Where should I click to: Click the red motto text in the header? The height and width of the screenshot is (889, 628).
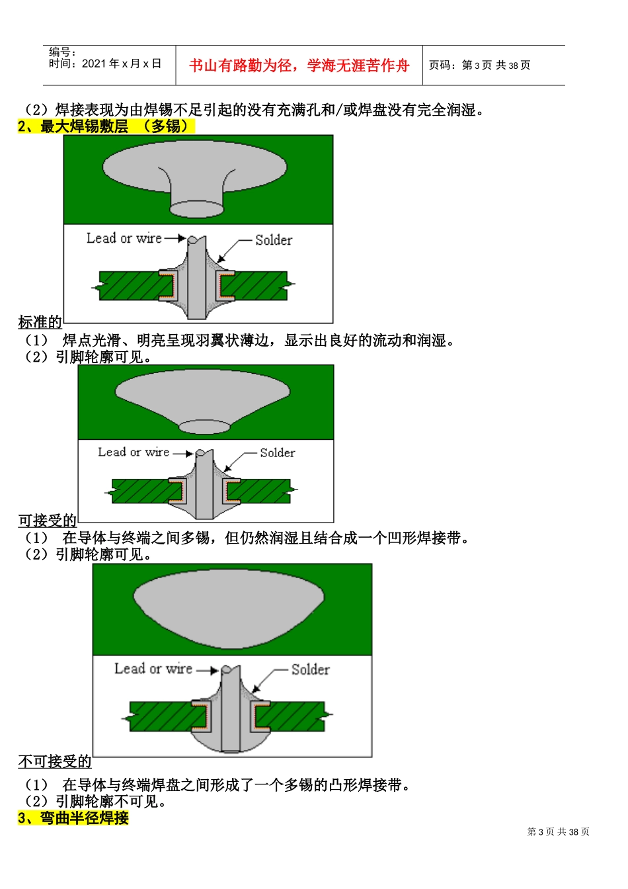299,65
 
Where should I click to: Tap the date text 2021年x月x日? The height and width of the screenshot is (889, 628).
121,63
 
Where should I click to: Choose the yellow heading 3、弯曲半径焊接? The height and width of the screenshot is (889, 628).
73,818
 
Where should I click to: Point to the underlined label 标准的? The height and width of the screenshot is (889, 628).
40,322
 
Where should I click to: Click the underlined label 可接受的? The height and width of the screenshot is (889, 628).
47,521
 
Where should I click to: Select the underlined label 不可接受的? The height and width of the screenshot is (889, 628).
55,762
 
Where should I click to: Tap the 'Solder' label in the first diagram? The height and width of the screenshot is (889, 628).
273,240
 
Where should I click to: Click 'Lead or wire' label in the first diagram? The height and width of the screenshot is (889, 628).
124,238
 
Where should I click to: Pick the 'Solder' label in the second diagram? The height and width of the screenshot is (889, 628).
277,452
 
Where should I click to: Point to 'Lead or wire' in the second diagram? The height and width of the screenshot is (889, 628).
134,452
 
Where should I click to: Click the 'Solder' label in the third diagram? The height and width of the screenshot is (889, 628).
310,669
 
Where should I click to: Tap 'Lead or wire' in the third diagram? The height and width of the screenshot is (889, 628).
153,669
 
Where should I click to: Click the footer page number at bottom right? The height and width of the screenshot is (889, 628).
558,832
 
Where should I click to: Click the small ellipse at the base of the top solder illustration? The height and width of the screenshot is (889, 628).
197,208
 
